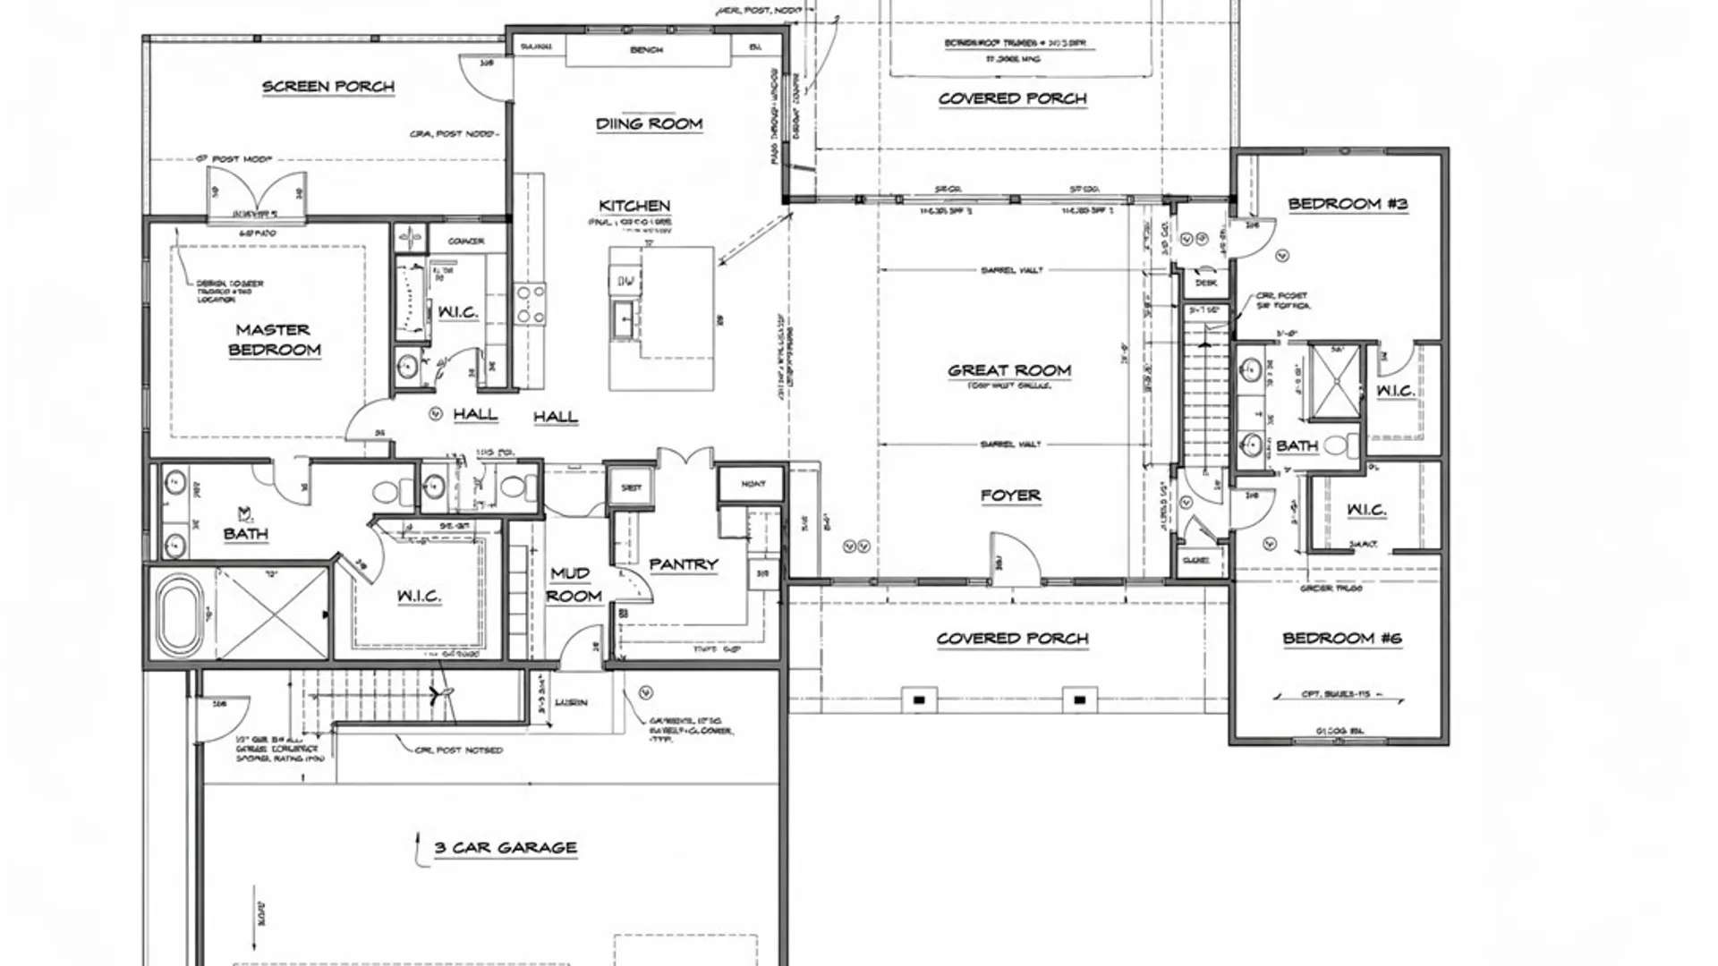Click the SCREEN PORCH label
[327, 87]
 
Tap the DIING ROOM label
[649, 124]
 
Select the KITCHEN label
[634, 206]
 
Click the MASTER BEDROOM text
[274, 340]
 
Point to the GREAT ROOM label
[1009, 370]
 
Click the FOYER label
[1010, 496]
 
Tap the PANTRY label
[684, 564]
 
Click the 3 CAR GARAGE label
[506, 848]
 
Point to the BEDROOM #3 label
[1348, 204]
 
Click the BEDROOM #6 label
[1341, 639]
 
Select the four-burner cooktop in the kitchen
[530, 304]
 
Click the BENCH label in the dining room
[646, 50]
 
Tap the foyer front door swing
[1016, 558]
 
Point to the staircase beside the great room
[1205, 394]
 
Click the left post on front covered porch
[919, 699]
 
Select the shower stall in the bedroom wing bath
[1334, 380]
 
